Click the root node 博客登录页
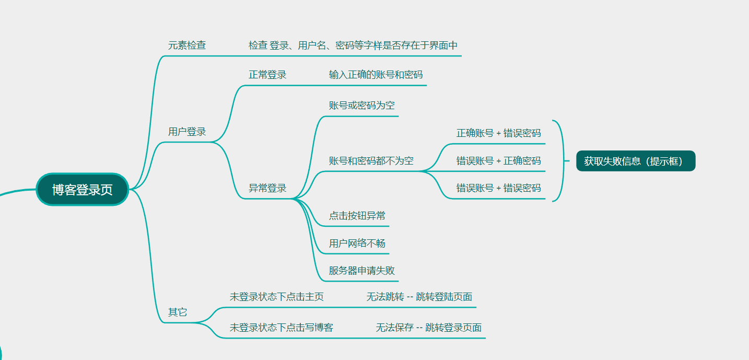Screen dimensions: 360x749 click(x=83, y=190)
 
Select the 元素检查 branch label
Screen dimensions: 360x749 click(x=187, y=45)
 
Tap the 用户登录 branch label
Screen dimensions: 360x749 click(x=187, y=132)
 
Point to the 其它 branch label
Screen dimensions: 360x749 click(x=178, y=312)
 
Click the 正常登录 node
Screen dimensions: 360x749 click(x=267, y=75)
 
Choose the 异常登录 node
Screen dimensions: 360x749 click(x=267, y=188)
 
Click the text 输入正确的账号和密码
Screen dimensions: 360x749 click(x=376, y=75)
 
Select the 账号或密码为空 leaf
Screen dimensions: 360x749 click(x=361, y=106)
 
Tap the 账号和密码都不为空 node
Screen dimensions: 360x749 click(x=371, y=161)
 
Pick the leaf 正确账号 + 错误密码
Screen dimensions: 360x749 click(x=498, y=133)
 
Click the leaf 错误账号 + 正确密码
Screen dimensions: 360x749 click(x=498, y=161)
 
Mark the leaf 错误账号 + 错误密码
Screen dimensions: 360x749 click(x=498, y=188)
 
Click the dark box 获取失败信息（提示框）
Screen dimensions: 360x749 click(x=636, y=161)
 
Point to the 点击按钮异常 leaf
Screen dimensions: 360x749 click(x=357, y=216)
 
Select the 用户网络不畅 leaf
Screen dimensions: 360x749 click(x=357, y=243)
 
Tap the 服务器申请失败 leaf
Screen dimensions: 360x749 click(x=361, y=271)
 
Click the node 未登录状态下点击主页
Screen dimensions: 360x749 click(x=276, y=297)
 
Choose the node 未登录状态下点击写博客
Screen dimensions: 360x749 click(x=281, y=328)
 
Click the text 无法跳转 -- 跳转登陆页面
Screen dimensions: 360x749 click(x=419, y=297)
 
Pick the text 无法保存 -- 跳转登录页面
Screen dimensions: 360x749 click(x=428, y=328)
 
